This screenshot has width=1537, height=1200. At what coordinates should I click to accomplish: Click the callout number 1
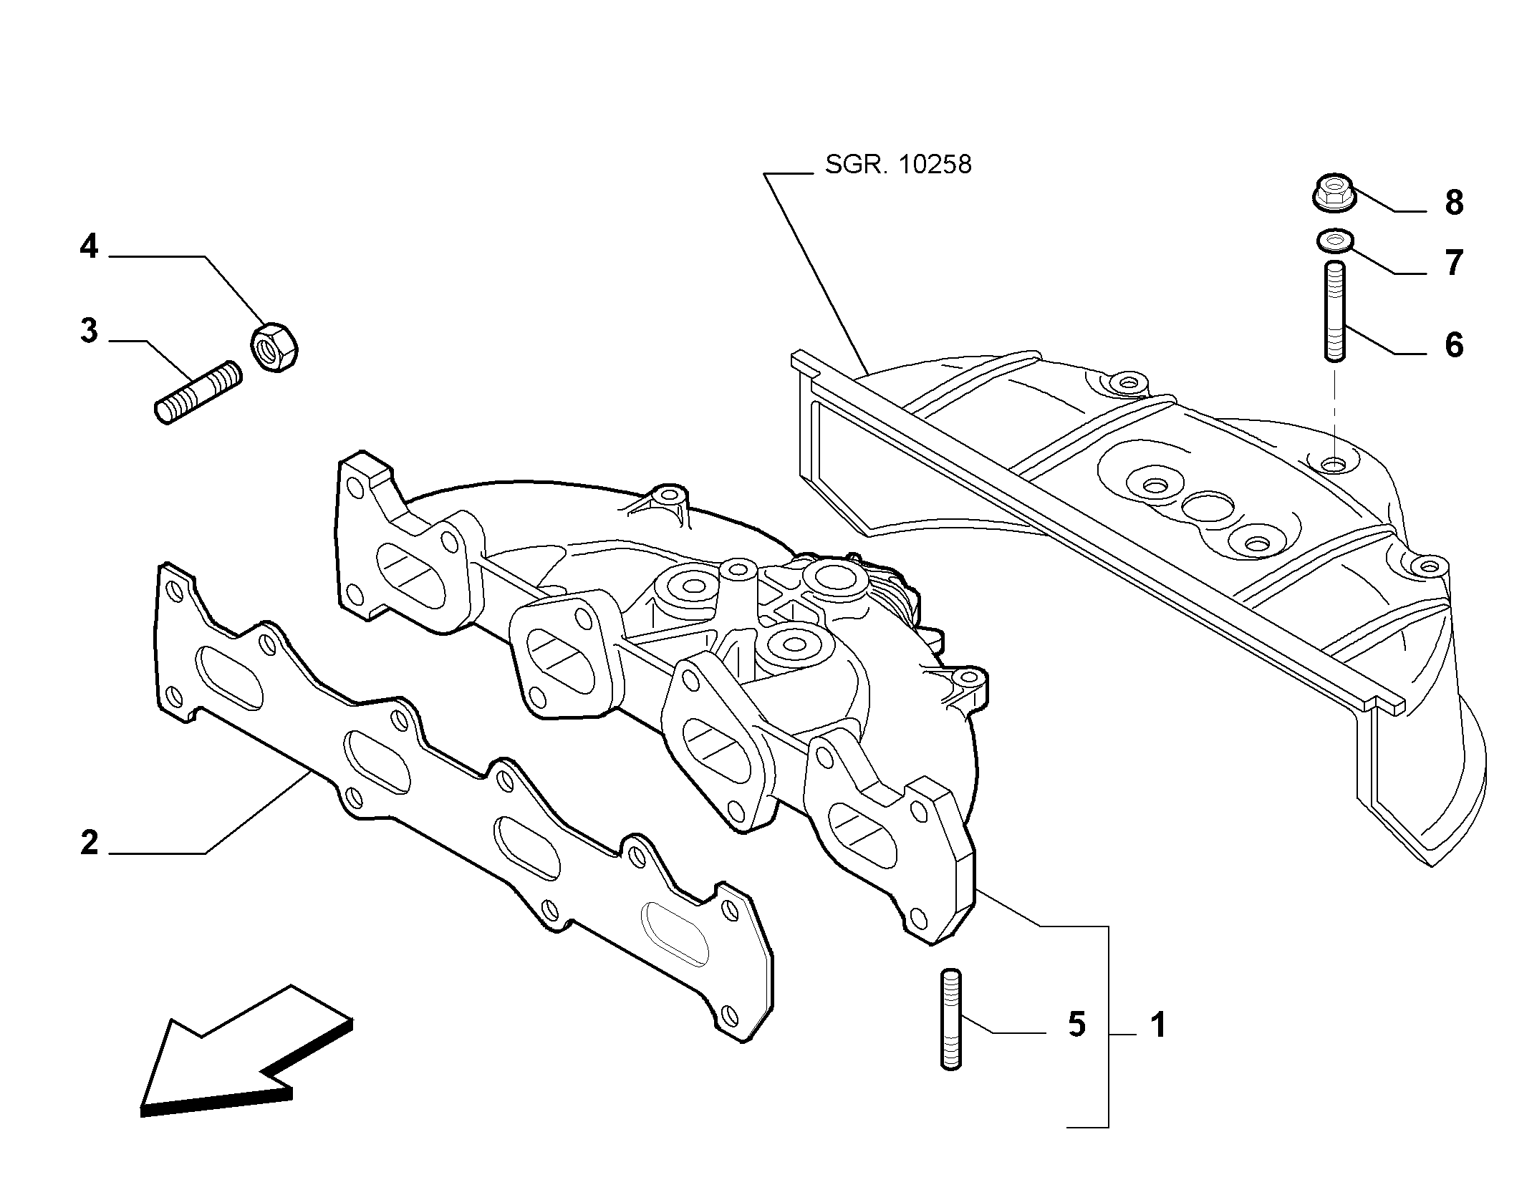[1157, 1026]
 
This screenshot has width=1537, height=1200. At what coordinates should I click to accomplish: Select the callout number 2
[89, 843]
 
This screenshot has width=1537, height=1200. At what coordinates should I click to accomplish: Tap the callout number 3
[89, 332]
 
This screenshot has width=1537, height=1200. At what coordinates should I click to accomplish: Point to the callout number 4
[89, 246]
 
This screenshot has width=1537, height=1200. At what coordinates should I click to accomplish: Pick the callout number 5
[1076, 1025]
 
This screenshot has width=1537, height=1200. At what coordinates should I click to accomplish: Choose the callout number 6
[1454, 344]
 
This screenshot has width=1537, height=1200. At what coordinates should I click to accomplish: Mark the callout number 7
[1454, 263]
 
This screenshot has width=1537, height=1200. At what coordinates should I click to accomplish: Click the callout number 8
[1454, 203]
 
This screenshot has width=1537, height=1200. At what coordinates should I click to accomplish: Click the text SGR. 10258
[898, 165]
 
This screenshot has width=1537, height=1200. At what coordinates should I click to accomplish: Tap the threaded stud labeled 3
[198, 392]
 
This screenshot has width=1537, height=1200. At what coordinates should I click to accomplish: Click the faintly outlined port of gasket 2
[676, 932]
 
